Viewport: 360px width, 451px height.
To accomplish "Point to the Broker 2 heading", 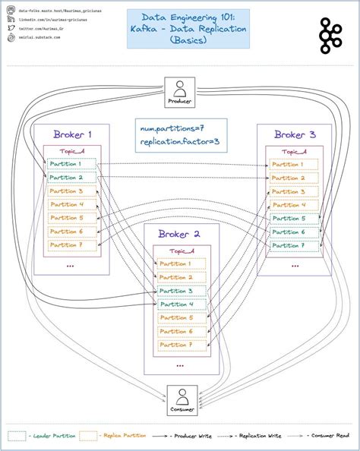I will [180, 234].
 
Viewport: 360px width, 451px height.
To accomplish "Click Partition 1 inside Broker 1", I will [71, 164].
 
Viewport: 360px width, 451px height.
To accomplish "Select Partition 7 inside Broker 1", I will [71, 245].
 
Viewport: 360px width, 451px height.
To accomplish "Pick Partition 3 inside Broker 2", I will [180, 291].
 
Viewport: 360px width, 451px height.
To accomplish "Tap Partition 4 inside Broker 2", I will [180, 304].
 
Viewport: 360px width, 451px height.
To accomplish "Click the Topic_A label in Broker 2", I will [181, 251].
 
